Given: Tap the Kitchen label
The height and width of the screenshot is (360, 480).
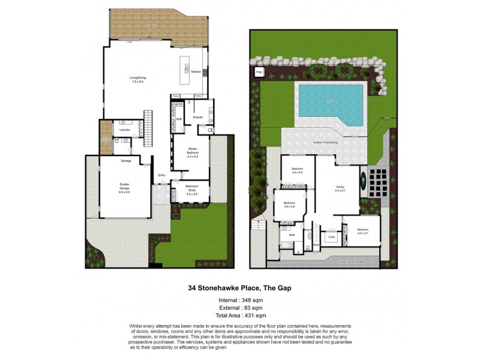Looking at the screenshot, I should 196,72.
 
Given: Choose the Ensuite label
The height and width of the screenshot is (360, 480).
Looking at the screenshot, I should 198,116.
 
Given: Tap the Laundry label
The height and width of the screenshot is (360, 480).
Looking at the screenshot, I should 125,130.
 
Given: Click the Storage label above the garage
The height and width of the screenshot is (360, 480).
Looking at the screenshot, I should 125,161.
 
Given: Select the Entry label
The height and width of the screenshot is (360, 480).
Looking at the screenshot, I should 161,175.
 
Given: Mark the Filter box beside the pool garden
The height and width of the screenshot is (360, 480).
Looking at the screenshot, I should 259,72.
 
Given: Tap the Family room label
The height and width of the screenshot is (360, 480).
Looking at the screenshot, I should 341,190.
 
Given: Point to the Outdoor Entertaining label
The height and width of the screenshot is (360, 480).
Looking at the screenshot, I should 325,142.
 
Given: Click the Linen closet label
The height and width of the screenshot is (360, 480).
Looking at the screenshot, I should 331,238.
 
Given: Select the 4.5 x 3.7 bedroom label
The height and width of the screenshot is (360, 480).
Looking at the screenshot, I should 363,232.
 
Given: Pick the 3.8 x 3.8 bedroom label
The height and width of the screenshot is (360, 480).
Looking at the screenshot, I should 289,204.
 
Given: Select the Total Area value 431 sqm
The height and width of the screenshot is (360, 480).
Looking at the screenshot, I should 254,315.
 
